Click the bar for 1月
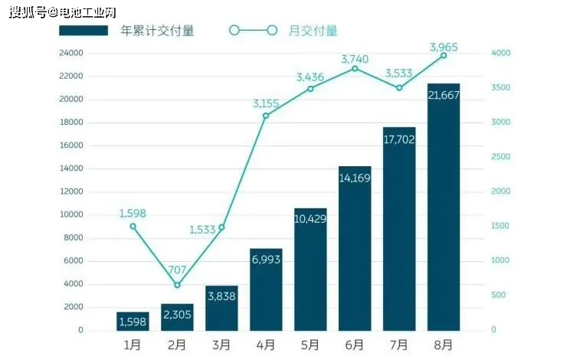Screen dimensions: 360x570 (133, 321)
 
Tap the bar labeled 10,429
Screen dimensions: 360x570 (310, 269)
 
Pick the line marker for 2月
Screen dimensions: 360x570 (177, 285)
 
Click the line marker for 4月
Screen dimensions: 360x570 (266, 116)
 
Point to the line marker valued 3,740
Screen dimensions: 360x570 (355, 69)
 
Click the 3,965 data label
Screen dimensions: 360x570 (444, 47)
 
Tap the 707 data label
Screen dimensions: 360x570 (177, 270)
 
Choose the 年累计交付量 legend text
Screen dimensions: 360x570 (157, 31)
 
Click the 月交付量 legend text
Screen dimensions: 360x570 (313, 31)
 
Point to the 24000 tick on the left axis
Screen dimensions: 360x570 (71, 53)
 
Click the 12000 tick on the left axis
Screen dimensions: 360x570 (71, 191)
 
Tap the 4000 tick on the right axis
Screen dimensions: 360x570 (500, 53)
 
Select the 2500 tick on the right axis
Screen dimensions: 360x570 (500, 157)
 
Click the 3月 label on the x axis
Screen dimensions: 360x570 (221, 345)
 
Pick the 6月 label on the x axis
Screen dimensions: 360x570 (355, 345)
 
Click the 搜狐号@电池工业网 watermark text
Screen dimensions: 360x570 (63, 12)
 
